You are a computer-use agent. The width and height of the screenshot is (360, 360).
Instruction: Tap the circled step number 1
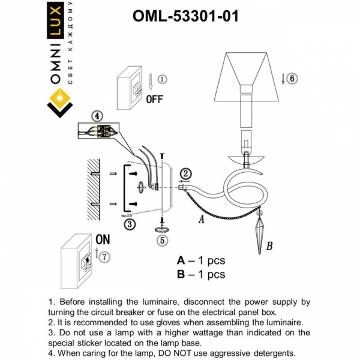(162, 79)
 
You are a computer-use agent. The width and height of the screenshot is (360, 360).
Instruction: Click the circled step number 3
(129, 224)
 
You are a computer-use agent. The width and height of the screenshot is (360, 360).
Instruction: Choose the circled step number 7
(105, 257)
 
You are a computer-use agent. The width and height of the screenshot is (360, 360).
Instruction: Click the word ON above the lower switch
(103, 239)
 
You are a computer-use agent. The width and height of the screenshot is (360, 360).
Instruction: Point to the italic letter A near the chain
(201, 220)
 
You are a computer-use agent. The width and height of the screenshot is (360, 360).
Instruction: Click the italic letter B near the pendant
(269, 245)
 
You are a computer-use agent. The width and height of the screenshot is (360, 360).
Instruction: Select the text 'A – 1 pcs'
(201, 260)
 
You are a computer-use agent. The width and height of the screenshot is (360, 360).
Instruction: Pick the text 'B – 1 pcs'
(201, 275)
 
